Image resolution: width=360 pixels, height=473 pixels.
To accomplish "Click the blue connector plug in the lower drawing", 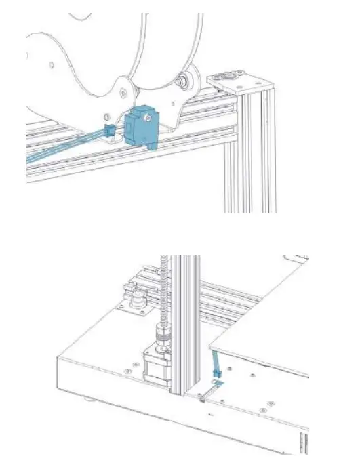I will [217, 373].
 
